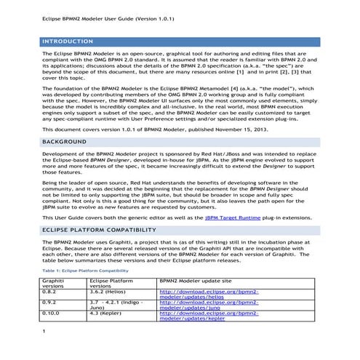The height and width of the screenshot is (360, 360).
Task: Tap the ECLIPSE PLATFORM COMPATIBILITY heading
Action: click(105, 231)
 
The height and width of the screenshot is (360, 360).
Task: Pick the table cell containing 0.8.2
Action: click(50, 291)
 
